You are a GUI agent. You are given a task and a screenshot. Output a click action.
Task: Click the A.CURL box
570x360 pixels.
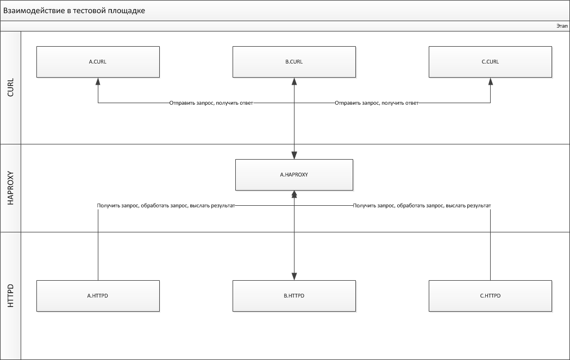pyautogui.click(x=98, y=62)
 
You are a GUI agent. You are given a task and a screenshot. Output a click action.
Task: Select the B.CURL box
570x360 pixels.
pyautogui.click(x=294, y=62)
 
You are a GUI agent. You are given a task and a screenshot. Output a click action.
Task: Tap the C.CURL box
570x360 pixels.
pyautogui.click(x=490, y=62)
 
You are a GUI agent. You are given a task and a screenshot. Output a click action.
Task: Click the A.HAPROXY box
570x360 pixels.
pyautogui.click(x=294, y=175)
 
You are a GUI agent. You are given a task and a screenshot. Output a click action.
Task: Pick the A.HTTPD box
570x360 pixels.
pyautogui.click(x=98, y=296)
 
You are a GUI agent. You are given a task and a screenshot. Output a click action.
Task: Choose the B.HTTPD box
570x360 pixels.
pyautogui.click(x=294, y=296)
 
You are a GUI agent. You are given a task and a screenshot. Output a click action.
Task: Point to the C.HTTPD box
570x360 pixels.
pyautogui.click(x=490, y=296)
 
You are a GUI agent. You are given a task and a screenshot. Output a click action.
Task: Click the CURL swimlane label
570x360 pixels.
pyautogui.click(x=10, y=87)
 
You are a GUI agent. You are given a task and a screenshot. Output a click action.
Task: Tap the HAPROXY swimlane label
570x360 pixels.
pyautogui.click(x=10, y=188)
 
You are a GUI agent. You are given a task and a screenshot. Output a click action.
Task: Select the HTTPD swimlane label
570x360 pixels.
pyautogui.click(x=10, y=296)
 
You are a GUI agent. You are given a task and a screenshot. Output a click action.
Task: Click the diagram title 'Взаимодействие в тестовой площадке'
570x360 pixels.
pyautogui.click(x=74, y=10)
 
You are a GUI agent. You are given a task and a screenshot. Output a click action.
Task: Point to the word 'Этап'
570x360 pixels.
pyautogui.click(x=562, y=26)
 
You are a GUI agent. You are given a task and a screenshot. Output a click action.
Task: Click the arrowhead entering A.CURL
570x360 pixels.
pyautogui.click(x=98, y=81)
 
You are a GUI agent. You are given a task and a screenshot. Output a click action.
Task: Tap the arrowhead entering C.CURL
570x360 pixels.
pyautogui.click(x=490, y=81)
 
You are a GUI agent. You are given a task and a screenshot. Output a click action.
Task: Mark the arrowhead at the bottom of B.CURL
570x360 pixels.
pyautogui.click(x=294, y=81)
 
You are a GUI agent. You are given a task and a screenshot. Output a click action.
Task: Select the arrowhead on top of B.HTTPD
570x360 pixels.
pyautogui.click(x=294, y=276)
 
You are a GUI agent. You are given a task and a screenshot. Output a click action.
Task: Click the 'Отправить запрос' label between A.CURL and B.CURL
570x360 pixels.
pyautogui.click(x=211, y=103)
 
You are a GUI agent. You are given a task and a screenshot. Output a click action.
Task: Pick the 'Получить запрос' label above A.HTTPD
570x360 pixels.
pyautogui.click(x=166, y=206)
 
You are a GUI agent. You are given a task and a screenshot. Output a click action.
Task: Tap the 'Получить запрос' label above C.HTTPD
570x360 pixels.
pyautogui.click(x=422, y=206)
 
